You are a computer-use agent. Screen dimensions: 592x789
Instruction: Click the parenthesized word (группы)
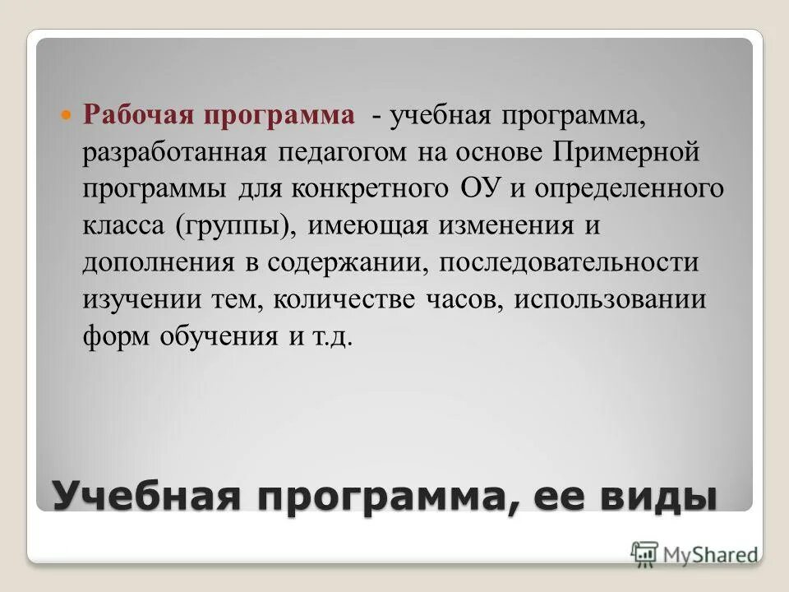[233, 226]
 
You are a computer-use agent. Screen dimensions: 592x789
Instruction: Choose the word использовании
[611, 299]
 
